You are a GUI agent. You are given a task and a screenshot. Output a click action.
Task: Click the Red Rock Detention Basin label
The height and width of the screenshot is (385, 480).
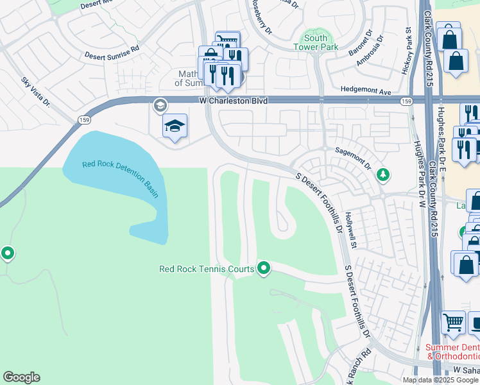119,179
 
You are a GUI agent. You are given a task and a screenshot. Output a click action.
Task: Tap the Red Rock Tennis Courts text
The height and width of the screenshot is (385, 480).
207,269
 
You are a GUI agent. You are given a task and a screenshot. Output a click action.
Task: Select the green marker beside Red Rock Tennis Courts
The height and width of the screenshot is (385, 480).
263,268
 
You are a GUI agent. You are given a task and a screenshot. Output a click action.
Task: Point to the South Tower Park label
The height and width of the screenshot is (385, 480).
311,42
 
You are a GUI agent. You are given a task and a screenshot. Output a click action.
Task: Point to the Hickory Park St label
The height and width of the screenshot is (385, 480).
407,50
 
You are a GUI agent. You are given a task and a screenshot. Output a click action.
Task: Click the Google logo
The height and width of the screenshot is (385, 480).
21,377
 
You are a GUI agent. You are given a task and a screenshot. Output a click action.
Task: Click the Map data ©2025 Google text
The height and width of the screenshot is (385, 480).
440,380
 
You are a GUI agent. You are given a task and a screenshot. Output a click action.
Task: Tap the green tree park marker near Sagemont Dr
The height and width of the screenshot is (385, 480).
382,174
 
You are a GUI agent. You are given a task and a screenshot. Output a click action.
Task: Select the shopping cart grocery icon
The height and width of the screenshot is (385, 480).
453,321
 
